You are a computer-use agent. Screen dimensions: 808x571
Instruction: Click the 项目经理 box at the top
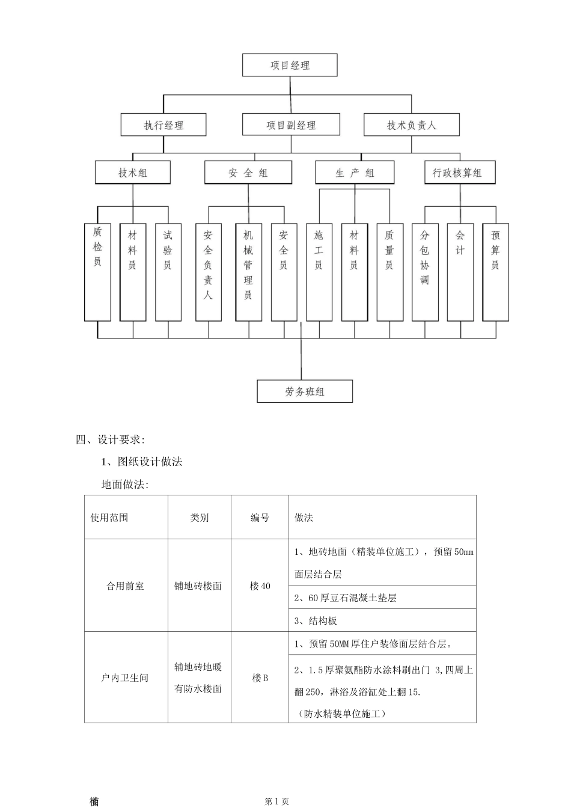click(290, 65)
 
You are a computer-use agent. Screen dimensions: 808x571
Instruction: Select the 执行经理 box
click(163, 125)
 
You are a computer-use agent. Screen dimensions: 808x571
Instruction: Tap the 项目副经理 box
click(291, 125)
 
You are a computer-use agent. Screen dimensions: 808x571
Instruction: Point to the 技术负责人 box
click(412, 125)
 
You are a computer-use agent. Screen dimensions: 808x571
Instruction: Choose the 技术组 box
click(133, 173)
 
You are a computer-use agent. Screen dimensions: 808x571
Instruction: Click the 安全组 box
click(248, 173)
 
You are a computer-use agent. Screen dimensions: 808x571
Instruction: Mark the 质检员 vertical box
click(97, 272)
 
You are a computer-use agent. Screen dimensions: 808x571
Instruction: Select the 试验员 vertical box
click(168, 272)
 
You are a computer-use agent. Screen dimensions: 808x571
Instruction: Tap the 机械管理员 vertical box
click(248, 272)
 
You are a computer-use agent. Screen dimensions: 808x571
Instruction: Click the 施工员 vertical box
click(319, 272)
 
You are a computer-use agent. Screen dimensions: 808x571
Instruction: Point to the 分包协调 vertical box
click(425, 272)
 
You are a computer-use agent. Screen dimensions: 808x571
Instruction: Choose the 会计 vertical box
click(460, 272)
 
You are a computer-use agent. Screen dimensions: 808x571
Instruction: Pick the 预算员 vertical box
click(496, 272)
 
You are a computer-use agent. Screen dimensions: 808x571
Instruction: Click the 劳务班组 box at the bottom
click(305, 391)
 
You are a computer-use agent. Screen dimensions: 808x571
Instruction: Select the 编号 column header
click(260, 518)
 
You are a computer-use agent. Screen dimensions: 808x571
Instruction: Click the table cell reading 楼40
click(260, 586)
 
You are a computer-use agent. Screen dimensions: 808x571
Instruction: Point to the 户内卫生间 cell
click(125, 678)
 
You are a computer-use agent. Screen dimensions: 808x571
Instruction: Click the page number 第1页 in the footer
click(277, 801)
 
